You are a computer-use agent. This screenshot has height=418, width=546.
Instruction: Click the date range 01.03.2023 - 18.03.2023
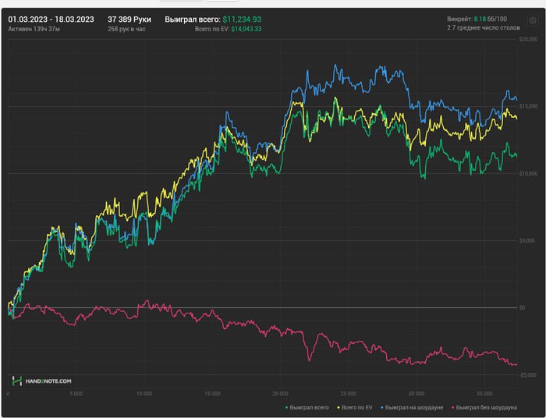(51, 19)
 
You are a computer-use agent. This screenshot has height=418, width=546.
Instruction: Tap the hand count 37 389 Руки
(129, 19)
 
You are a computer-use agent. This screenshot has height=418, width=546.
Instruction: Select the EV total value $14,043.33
(246, 29)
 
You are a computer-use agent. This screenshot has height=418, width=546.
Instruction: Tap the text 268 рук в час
(126, 29)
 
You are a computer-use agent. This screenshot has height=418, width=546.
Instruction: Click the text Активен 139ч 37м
(34, 29)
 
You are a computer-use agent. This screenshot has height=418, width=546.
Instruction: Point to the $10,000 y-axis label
(529, 173)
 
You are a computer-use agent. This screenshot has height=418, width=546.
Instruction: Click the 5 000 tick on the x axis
(76, 394)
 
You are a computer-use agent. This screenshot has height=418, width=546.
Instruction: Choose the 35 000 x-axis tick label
(484, 394)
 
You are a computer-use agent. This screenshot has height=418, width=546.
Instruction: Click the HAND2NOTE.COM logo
(42, 381)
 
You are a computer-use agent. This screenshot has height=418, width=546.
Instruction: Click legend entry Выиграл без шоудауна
(487, 407)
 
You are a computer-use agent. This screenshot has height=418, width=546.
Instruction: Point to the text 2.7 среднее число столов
(482, 28)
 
